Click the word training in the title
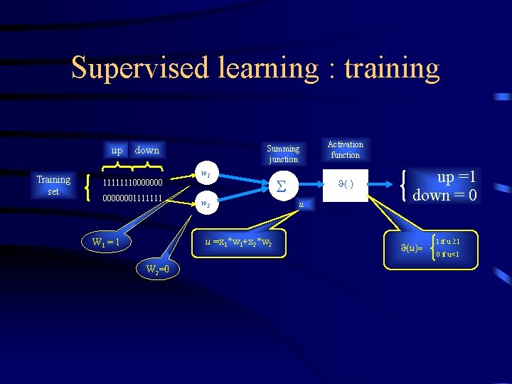(392, 68)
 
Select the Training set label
(54, 185)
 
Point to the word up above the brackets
(117, 150)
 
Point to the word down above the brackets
(146, 150)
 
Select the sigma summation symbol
(281, 187)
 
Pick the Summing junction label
(283, 154)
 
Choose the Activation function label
(346, 149)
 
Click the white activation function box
(346, 186)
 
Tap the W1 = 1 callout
(106, 242)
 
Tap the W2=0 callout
(157, 269)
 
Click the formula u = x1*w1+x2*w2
(238, 242)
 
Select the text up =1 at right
(455, 178)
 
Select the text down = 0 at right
(444, 195)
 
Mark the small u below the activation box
(302, 204)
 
